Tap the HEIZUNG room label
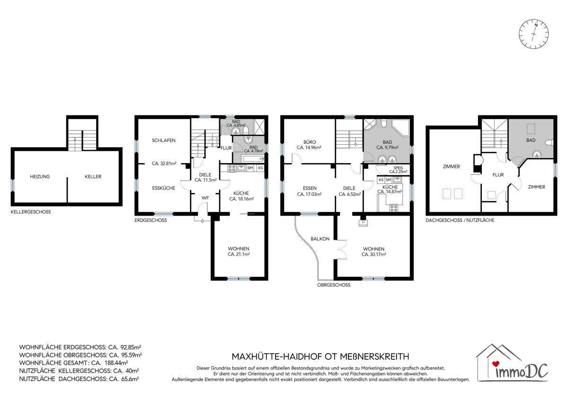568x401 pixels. tap(40, 176)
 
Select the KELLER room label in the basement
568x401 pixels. tap(93, 176)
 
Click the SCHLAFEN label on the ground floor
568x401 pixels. tap(164, 140)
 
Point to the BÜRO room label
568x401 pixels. tap(310, 142)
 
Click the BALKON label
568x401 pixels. tap(320, 239)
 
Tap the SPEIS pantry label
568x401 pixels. tap(398, 168)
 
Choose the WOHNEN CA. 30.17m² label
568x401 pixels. tap(374, 252)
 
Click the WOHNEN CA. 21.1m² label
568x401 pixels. tap(239, 251)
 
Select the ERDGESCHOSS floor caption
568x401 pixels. tap(151, 220)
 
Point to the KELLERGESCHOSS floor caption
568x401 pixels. tap(31, 212)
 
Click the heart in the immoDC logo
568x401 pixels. tap(496, 364)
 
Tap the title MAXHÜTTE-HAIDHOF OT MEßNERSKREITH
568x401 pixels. tap(320, 357)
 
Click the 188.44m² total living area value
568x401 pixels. tap(116, 363)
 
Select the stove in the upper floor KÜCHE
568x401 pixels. tap(393, 208)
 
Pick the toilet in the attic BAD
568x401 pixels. tap(549, 143)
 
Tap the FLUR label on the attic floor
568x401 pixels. tap(498, 175)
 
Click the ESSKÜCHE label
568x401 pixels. tap(164, 188)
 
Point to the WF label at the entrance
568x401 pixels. tap(205, 198)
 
